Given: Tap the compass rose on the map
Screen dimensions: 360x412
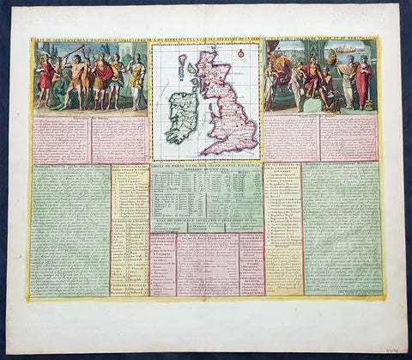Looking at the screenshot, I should pos(242,53).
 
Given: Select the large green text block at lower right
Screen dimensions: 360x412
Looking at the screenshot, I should pos(342,228).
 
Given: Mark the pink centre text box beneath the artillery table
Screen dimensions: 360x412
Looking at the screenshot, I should pos(207,266).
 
